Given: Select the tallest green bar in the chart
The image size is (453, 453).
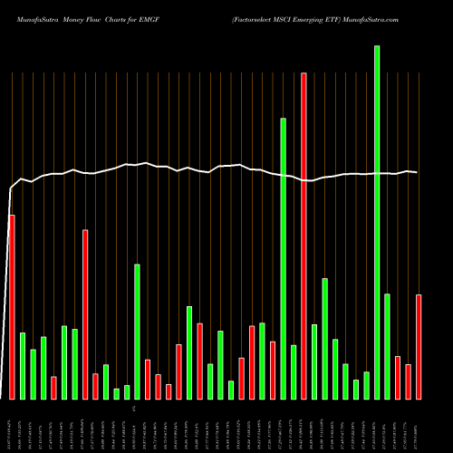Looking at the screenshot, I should click(377, 222).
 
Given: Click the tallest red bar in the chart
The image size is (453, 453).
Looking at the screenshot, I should click(304, 236).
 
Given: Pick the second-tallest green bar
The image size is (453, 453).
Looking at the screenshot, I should click(283, 258).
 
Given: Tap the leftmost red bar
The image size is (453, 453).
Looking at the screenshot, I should click(12, 306).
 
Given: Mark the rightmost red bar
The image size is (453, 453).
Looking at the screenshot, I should click(419, 346).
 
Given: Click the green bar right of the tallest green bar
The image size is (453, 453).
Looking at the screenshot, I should click(387, 346).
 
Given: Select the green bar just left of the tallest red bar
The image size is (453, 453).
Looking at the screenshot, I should click(294, 371).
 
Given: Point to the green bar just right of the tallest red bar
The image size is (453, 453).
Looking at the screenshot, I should click(314, 361).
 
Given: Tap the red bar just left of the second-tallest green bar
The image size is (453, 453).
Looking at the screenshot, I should click(273, 370).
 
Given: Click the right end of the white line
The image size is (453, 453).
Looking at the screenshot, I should click(417, 172).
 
